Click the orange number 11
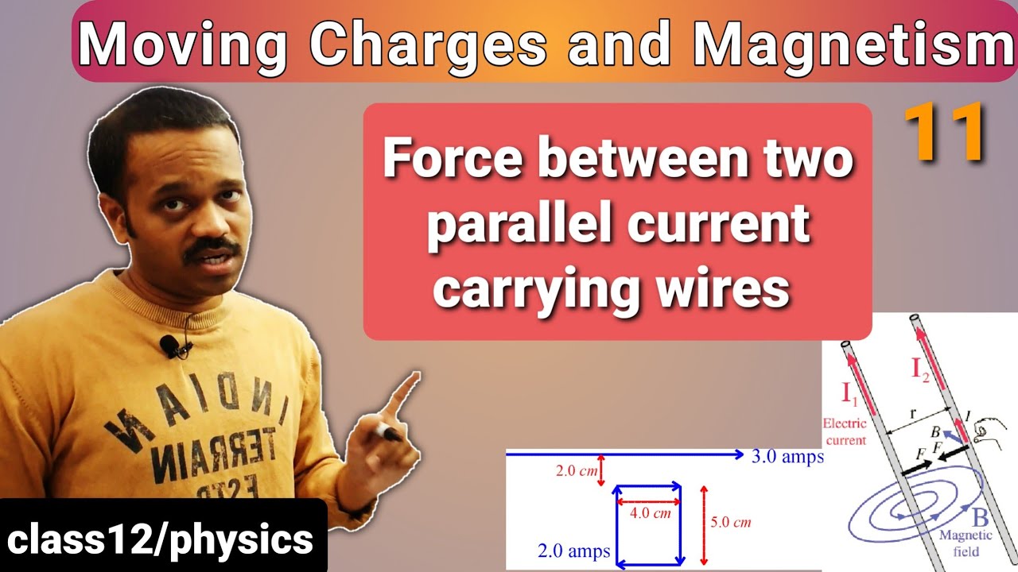945,135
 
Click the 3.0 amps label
787,457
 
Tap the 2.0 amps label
573,551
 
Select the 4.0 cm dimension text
650,513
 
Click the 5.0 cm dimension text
730,522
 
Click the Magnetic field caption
966,543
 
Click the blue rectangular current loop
648,525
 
